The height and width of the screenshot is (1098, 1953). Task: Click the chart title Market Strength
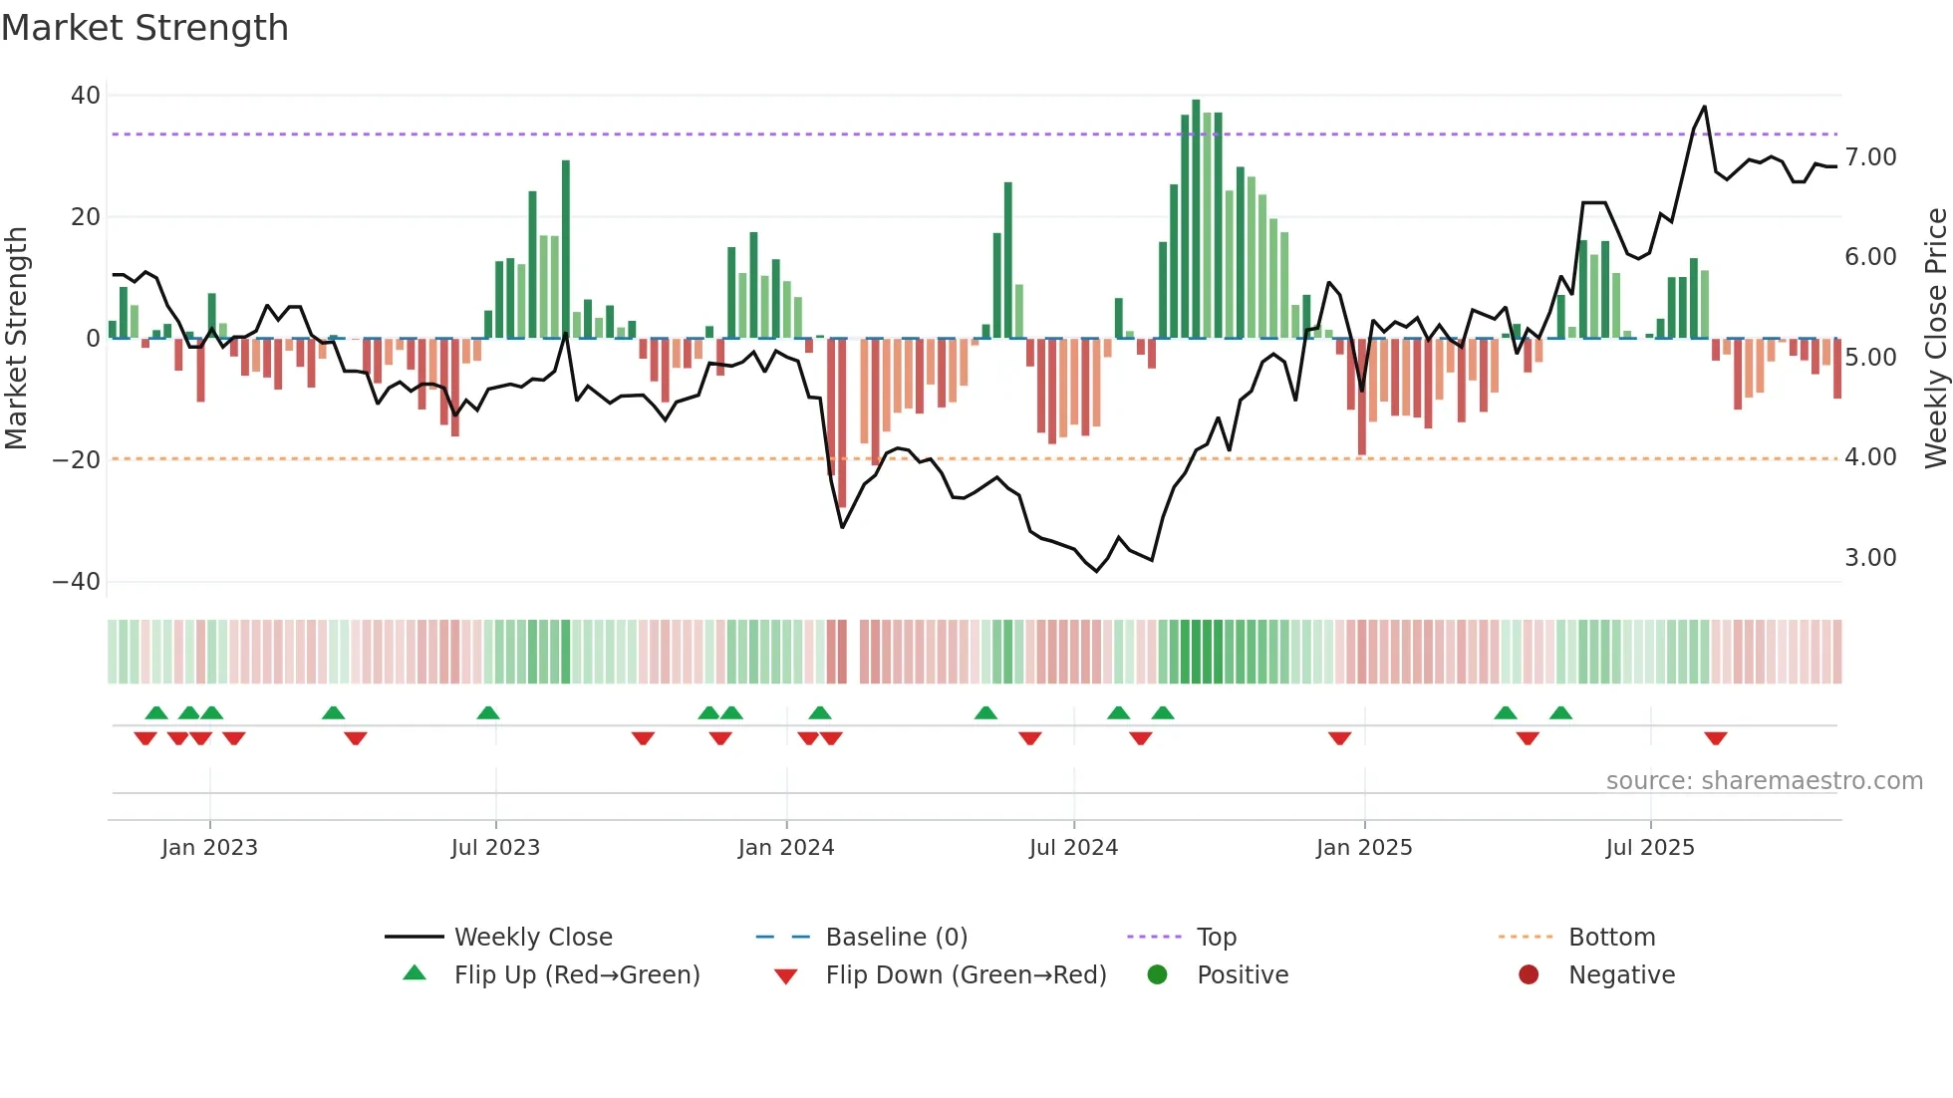(144, 28)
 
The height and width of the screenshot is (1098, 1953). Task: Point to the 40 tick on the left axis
(86, 96)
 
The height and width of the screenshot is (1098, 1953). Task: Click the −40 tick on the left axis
(77, 582)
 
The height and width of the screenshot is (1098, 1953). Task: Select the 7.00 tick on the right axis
(1870, 157)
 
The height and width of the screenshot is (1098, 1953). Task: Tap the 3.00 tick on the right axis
(1870, 558)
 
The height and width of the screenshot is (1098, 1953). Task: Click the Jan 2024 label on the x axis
(786, 848)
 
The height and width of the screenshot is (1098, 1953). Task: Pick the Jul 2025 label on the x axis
(1650, 848)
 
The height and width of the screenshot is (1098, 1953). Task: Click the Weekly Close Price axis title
(1935, 339)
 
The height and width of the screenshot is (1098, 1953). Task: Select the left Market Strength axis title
(17, 339)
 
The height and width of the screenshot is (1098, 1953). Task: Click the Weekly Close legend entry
(533, 938)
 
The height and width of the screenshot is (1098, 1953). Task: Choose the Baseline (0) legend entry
(897, 938)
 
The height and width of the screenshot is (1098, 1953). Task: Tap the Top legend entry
(1217, 938)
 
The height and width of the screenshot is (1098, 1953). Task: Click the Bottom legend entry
(1611, 938)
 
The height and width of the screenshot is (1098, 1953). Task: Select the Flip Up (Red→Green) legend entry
(577, 975)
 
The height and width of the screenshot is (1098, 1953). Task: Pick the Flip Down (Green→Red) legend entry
(966, 975)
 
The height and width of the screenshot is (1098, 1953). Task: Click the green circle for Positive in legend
(1157, 975)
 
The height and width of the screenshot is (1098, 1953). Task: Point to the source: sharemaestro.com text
(1764, 781)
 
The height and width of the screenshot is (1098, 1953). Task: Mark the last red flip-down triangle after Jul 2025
(1715, 738)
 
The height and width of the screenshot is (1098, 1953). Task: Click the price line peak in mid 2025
(1704, 107)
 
